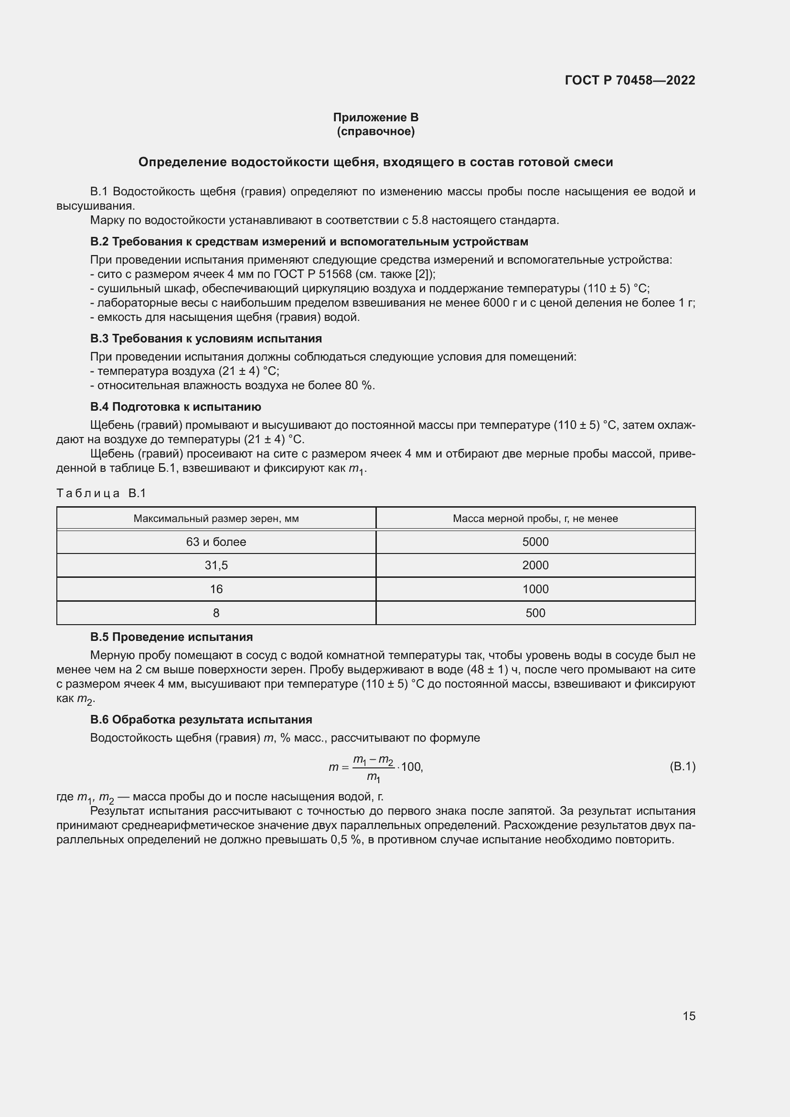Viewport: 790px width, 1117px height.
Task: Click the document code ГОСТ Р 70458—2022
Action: pyautogui.click(x=630, y=80)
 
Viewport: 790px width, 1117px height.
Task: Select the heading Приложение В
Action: pyautogui.click(x=375, y=117)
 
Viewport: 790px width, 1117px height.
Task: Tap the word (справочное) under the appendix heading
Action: pyautogui.click(x=375, y=131)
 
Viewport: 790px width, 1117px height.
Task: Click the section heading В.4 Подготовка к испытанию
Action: pyautogui.click(x=175, y=407)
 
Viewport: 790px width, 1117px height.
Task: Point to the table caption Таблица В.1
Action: pyautogui.click(x=101, y=493)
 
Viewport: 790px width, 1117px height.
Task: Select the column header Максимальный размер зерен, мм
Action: pyautogui.click(x=216, y=519)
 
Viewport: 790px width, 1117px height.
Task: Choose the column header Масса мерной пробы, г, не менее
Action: pyautogui.click(x=535, y=519)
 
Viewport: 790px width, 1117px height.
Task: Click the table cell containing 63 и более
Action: pyautogui.click(x=216, y=542)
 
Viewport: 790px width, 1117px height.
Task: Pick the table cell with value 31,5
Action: pyautogui.click(x=216, y=565)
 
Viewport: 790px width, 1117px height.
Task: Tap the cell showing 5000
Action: pyautogui.click(x=535, y=542)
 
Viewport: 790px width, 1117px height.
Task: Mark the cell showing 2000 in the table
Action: pyautogui.click(x=535, y=565)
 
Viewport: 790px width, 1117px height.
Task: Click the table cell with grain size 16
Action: pyautogui.click(x=216, y=589)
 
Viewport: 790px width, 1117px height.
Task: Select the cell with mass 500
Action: pyautogui.click(x=535, y=613)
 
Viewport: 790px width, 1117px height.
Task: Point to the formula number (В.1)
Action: pyautogui.click(x=682, y=767)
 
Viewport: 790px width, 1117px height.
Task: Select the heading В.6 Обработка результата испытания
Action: pyautogui.click(x=201, y=720)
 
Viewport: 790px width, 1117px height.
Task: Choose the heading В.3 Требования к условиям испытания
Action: pyautogui.click(x=206, y=339)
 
